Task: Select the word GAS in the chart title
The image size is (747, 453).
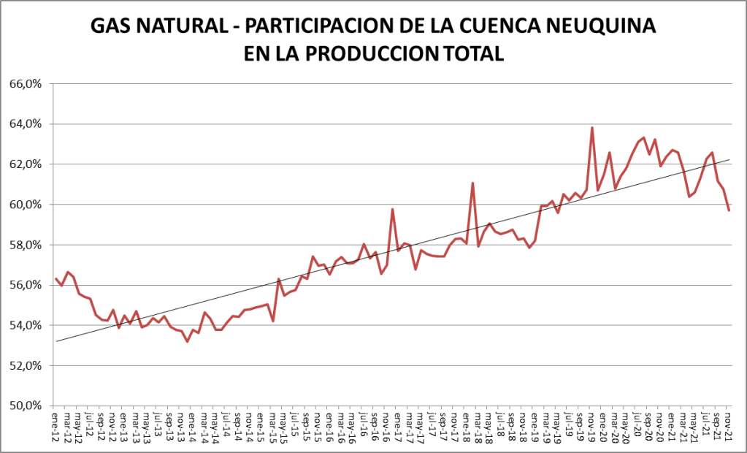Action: tap(109, 26)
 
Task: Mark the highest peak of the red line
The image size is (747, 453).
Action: tap(591, 128)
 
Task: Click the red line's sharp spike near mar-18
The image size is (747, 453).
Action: tap(473, 183)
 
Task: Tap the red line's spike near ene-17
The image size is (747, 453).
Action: tap(393, 209)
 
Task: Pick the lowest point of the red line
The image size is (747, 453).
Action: tap(187, 341)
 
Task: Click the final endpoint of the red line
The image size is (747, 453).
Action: tap(729, 210)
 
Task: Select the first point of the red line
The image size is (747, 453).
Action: tap(56, 278)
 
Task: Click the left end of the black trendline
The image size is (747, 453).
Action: tap(56, 341)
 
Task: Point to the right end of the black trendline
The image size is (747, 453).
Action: tap(729, 159)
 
